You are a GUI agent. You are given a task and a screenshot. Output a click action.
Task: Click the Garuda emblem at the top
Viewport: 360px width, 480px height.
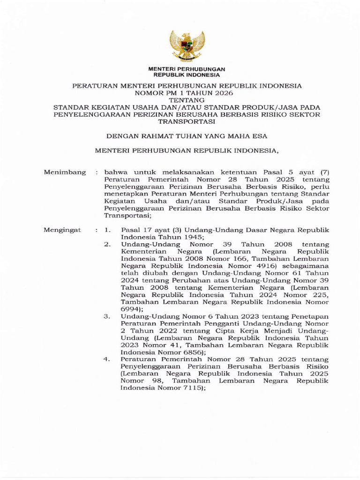(x=187, y=46)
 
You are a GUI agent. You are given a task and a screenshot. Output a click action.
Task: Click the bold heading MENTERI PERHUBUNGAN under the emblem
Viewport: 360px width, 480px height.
(x=187, y=69)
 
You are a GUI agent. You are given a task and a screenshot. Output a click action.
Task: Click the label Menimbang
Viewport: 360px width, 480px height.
(x=65, y=172)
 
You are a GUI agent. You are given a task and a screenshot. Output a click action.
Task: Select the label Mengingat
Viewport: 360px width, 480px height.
(x=62, y=230)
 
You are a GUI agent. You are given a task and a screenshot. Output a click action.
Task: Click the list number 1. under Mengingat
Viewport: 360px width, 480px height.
(x=107, y=230)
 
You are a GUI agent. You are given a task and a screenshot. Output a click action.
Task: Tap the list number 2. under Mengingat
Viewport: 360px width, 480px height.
(x=107, y=245)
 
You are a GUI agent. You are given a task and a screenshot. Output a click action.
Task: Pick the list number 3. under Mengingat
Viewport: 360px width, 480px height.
(x=107, y=316)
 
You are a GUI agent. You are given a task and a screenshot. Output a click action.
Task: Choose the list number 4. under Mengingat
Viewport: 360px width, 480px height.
(x=107, y=360)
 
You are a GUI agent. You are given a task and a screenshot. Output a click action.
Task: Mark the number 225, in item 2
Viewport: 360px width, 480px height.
(x=320, y=295)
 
